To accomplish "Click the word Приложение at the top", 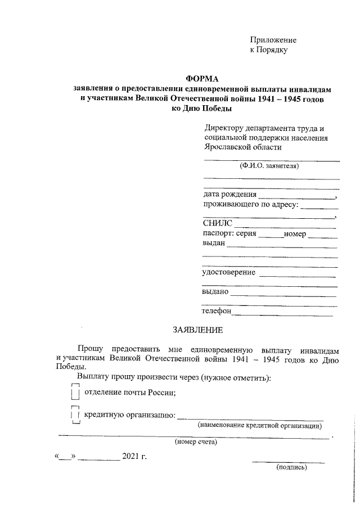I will [x=273, y=40].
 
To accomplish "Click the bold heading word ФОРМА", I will [x=202, y=79].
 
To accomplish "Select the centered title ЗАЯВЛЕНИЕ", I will [x=197, y=328].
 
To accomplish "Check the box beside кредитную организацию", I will [x=75, y=415].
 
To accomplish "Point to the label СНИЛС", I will [x=217, y=224].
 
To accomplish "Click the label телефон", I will [x=217, y=311].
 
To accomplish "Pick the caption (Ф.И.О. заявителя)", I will [x=269, y=166].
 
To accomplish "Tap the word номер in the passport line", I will [x=295, y=233].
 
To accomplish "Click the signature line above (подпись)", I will [x=289, y=462].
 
